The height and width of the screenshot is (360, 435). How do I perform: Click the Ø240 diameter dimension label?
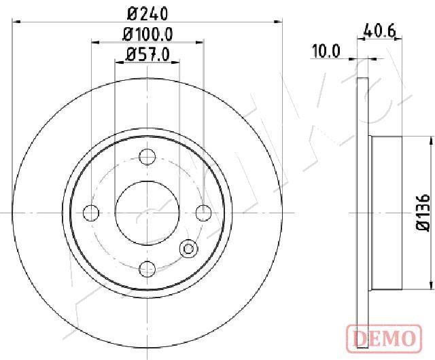[x=147, y=13]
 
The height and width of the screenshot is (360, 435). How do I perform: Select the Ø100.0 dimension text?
[x=148, y=35]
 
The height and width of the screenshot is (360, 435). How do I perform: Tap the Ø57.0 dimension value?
[x=147, y=54]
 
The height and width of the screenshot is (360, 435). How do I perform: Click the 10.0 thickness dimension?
[x=326, y=52]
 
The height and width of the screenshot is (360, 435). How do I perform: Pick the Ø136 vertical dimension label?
[x=423, y=213]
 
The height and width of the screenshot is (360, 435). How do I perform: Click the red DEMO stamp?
[x=384, y=338]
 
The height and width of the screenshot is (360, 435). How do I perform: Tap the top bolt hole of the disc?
[x=147, y=157]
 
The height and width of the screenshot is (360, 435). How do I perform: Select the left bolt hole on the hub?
[x=91, y=213]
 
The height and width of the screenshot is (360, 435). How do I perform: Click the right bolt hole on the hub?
[x=203, y=213]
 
